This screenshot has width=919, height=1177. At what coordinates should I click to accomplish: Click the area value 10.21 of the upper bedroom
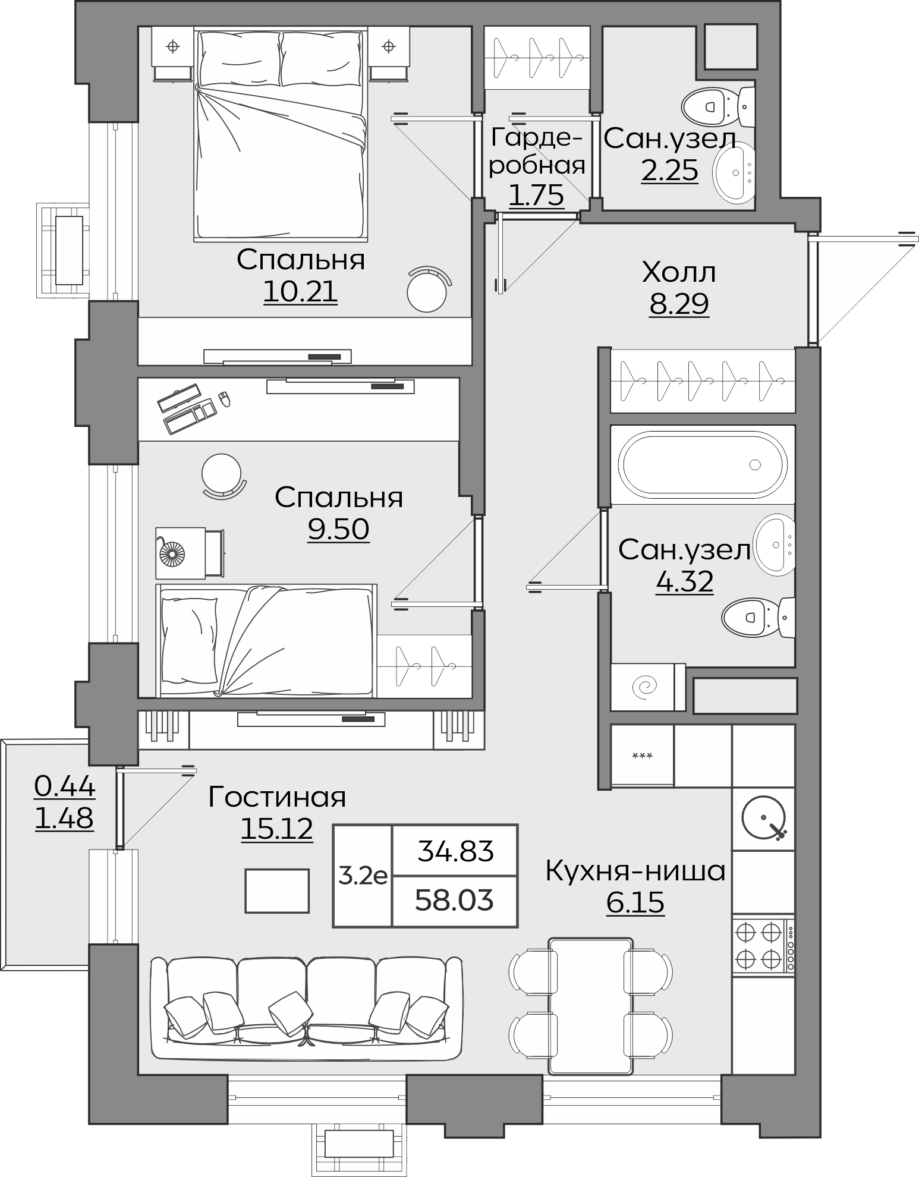point(300,291)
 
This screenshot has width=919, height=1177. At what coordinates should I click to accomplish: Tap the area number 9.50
point(338,528)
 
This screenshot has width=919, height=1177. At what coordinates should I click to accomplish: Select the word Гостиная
point(277,797)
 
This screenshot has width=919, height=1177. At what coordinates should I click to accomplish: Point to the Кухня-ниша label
point(635,871)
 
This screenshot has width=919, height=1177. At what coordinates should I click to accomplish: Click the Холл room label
point(679,273)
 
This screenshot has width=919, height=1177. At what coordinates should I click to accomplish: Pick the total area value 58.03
point(454,901)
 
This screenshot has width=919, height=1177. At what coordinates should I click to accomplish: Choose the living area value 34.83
point(455,851)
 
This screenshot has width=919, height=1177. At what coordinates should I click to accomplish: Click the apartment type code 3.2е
point(363,875)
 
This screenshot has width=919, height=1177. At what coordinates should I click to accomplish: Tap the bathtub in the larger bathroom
point(703,464)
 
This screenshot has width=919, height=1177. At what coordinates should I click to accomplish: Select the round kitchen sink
point(764,817)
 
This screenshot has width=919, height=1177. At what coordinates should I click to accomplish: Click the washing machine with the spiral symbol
point(648,687)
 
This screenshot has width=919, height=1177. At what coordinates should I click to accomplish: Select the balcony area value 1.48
point(64,819)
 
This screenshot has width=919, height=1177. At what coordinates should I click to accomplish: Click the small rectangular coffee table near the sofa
point(277,891)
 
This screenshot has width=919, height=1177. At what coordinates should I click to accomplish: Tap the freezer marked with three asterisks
point(643,756)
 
